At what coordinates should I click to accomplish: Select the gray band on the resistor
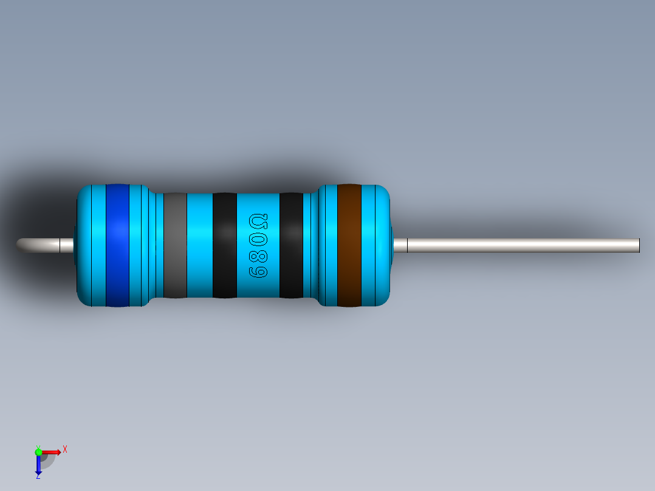(x=175, y=245)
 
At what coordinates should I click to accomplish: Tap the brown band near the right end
(x=349, y=245)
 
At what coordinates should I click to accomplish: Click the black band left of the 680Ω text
(x=224, y=245)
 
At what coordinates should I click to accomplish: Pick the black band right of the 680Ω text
(x=291, y=245)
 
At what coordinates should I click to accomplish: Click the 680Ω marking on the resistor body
(x=258, y=245)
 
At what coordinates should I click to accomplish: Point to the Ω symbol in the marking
(x=258, y=221)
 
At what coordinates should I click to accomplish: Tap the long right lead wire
(x=523, y=245)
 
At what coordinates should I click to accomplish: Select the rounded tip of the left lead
(x=22, y=244)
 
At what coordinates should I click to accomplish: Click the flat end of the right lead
(x=638, y=245)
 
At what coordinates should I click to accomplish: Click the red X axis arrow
(x=52, y=452)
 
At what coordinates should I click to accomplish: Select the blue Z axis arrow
(x=38, y=465)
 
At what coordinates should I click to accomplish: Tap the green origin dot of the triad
(x=38, y=452)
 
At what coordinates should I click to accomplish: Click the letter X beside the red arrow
(x=64, y=449)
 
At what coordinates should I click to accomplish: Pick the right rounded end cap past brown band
(x=377, y=245)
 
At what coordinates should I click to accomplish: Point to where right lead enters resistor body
(x=394, y=245)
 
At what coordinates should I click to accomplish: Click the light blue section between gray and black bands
(x=199, y=245)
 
